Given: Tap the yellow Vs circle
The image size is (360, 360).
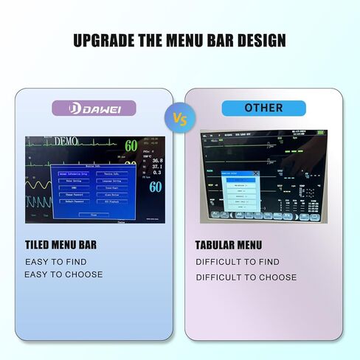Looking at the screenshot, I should (x=179, y=117).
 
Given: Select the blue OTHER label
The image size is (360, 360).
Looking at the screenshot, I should (x=263, y=108).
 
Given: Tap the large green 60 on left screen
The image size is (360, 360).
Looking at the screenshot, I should (x=131, y=145).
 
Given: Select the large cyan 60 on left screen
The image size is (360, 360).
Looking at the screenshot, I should (x=155, y=187).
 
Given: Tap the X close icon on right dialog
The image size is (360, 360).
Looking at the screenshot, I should (x=256, y=173).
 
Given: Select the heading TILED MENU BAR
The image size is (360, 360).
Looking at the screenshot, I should (x=60, y=244).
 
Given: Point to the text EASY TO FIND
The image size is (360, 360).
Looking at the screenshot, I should (x=56, y=262).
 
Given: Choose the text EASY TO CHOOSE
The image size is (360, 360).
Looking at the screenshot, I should (x=64, y=275).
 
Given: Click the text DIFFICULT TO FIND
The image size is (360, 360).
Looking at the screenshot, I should (x=238, y=262).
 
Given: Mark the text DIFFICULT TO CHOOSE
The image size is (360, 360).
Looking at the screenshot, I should (x=246, y=277).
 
